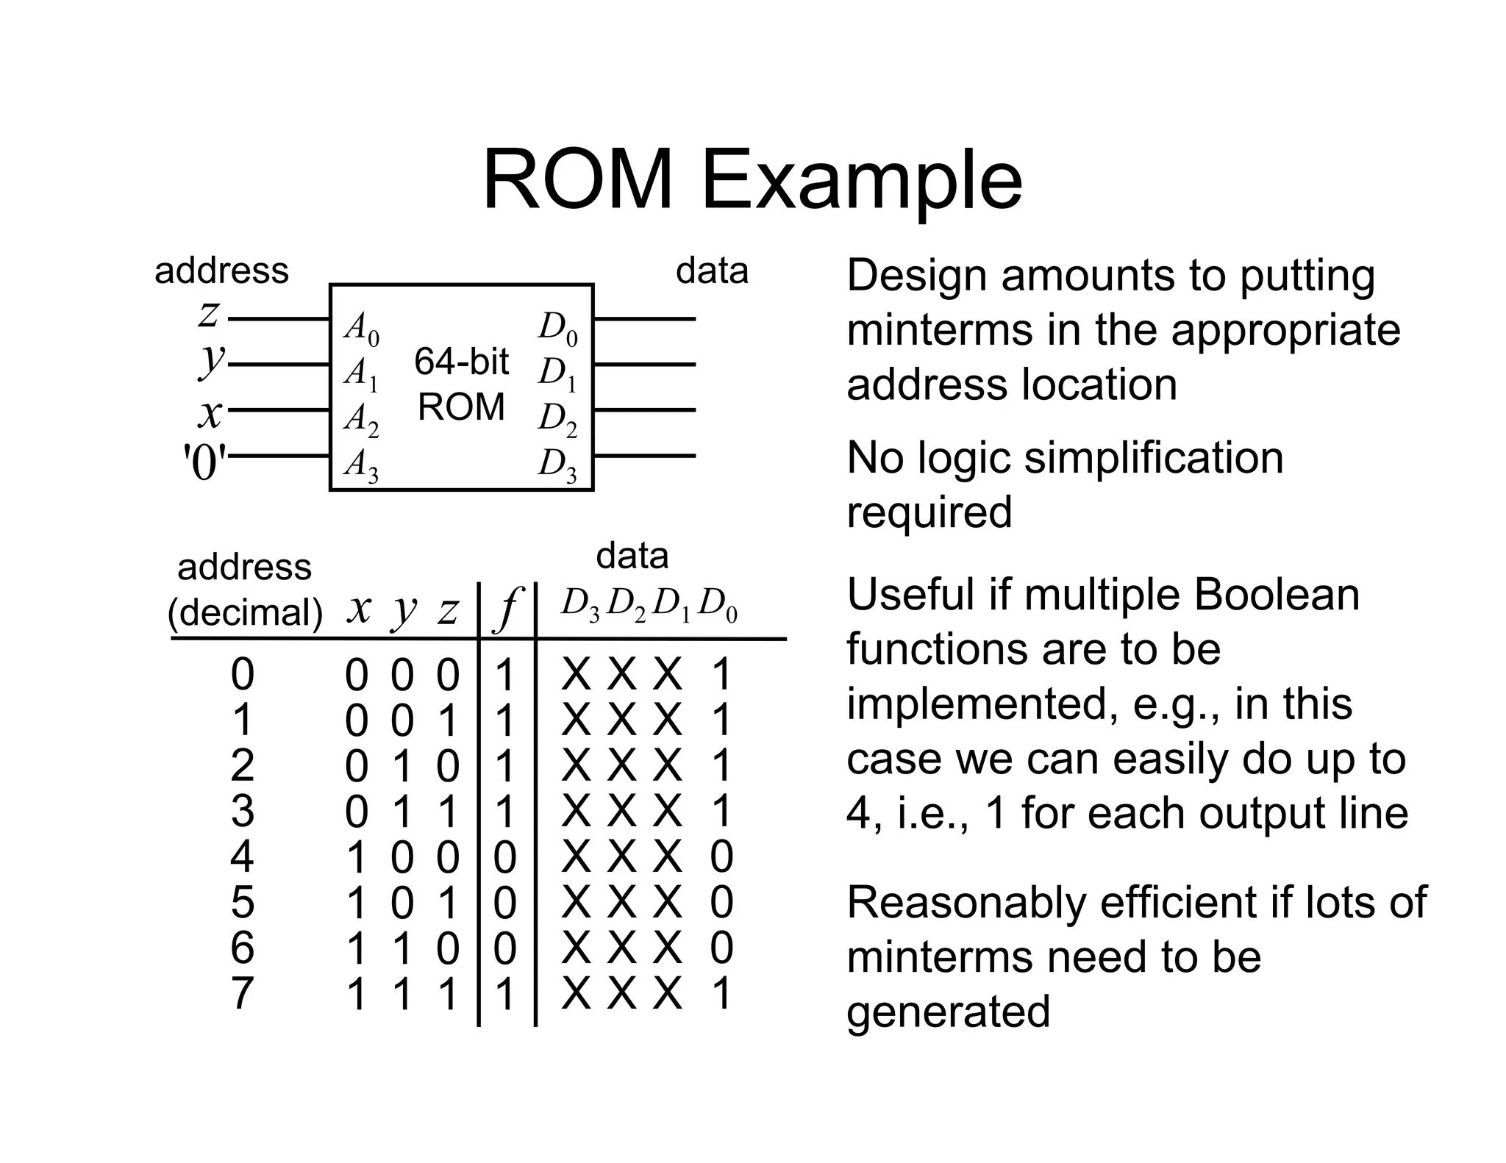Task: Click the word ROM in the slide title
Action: click(x=578, y=180)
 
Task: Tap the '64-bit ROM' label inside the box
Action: click(x=461, y=384)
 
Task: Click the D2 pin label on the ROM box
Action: click(x=557, y=420)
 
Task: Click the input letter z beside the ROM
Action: click(x=209, y=315)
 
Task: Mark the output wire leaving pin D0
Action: click(x=644, y=319)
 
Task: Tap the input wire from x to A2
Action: click(x=278, y=410)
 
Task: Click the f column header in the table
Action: click(x=507, y=609)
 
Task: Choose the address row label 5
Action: click(x=243, y=902)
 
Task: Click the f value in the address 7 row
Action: click(x=504, y=994)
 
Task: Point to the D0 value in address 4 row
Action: click(x=721, y=857)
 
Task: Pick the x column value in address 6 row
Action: click(x=357, y=948)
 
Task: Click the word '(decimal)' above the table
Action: click(x=245, y=612)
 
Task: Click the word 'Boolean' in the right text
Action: click(x=1277, y=595)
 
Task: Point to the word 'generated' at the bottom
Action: click(x=948, y=1012)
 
